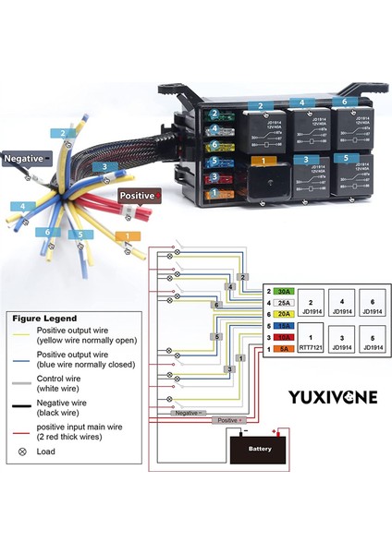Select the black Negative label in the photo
tap(25, 158)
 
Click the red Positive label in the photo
tap(139, 196)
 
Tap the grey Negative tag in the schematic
tap(189, 412)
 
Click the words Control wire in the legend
tap(60, 379)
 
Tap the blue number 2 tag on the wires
tap(64, 134)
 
